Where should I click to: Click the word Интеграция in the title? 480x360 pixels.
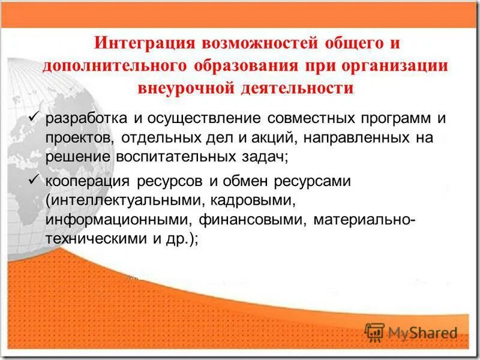pyautogui.click(x=140, y=44)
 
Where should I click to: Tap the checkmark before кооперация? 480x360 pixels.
pyautogui.click(x=34, y=179)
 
